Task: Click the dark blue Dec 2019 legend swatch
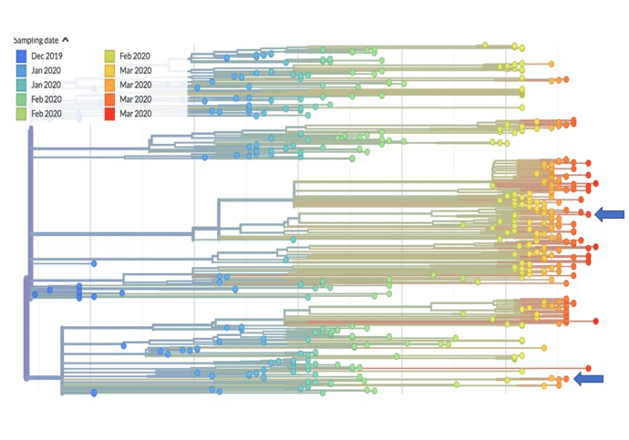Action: [20, 56]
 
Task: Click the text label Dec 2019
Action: [46, 56]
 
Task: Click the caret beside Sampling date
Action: [66, 40]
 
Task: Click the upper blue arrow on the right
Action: [610, 214]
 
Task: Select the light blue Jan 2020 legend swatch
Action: [20, 70]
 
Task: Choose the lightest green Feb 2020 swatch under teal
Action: [20, 113]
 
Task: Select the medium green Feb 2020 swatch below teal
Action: [20, 98]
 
